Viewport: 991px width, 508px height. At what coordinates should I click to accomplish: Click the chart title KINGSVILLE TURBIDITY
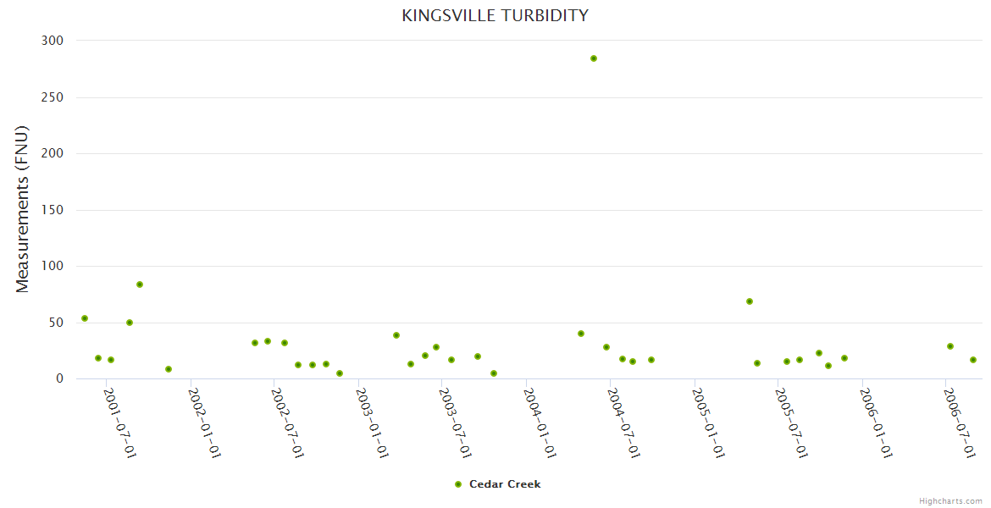pyautogui.click(x=495, y=16)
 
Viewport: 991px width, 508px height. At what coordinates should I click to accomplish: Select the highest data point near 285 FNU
pyautogui.click(x=594, y=58)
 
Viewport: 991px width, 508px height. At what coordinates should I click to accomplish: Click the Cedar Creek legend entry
pyautogui.click(x=497, y=484)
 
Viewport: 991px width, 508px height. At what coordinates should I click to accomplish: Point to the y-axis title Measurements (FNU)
pyautogui.click(x=23, y=209)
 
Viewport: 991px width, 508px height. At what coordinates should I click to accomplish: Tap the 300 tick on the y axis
pyautogui.click(x=53, y=41)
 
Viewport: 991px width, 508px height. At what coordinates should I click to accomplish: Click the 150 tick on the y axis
pyautogui.click(x=53, y=210)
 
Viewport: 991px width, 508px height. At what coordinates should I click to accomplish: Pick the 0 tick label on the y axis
pyautogui.click(x=59, y=378)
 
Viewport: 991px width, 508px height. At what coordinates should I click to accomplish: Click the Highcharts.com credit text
pyautogui.click(x=950, y=501)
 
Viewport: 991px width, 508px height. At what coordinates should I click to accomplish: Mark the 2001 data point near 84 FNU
pyautogui.click(x=140, y=284)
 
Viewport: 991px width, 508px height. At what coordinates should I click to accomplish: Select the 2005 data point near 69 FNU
pyautogui.click(x=750, y=301)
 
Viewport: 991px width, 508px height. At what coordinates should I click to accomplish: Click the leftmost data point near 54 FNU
pyautogui.click(x=85, y=318)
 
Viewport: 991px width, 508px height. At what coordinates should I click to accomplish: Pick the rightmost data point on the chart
pyautogui.click(x=973, y=360)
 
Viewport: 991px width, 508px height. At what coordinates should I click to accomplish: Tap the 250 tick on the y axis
pyautogui.click(x=53, y=97)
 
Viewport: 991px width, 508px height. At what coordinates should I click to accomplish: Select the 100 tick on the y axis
pyautogui.click(x=53, y=266)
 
